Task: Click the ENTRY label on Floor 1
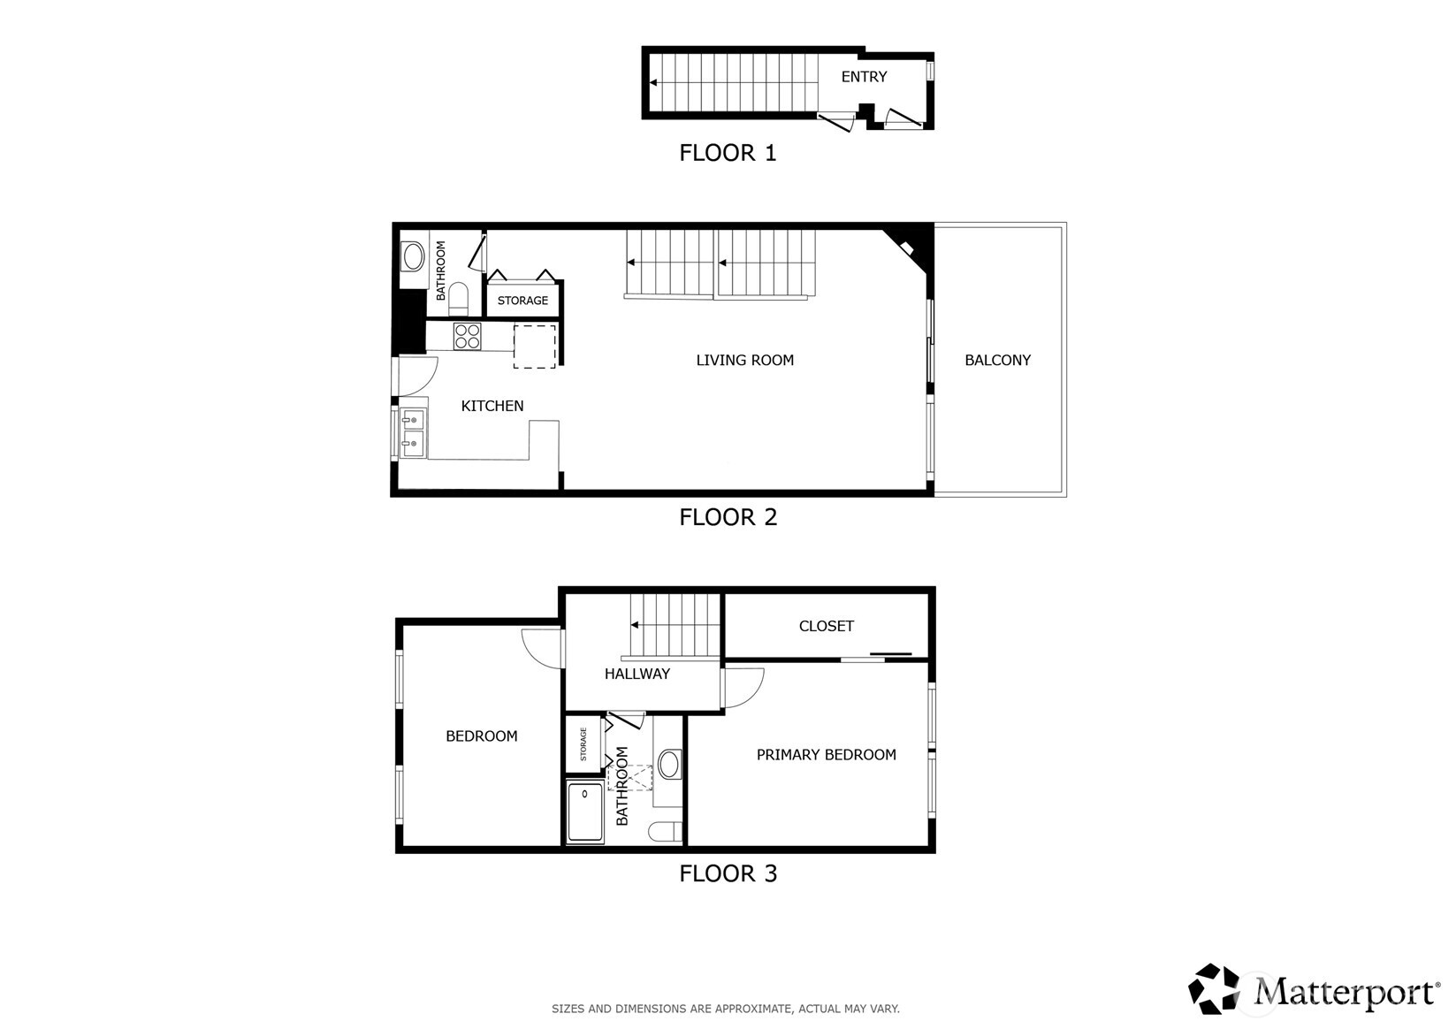[864, 77]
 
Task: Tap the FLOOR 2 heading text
[728, 517]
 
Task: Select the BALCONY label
[997, 360]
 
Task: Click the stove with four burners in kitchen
[468, 336]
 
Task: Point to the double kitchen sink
[412, 432]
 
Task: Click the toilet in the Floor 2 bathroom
[458, 298]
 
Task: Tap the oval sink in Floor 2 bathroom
[413, 257]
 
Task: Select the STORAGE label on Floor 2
[522, 301]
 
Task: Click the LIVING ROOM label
[744, 360]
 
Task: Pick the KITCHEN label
[492, 406]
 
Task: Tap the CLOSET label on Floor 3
[826, 626]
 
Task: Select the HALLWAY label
[637, 674]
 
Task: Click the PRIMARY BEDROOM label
[826, 754]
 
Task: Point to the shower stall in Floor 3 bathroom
[584, 812]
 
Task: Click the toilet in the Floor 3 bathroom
[663, 831]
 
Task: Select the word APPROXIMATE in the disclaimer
[750, 1009]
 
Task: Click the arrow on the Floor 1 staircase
[653, 83]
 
